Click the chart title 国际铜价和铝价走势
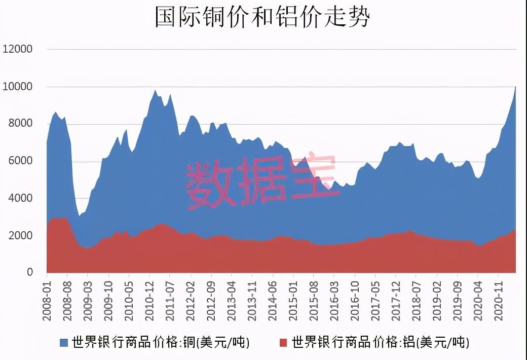click(262, 17)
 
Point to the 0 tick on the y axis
click(29, 272)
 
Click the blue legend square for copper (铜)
click(64, 343)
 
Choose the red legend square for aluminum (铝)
click(284, 343)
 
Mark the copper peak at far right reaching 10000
click(515, 88)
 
